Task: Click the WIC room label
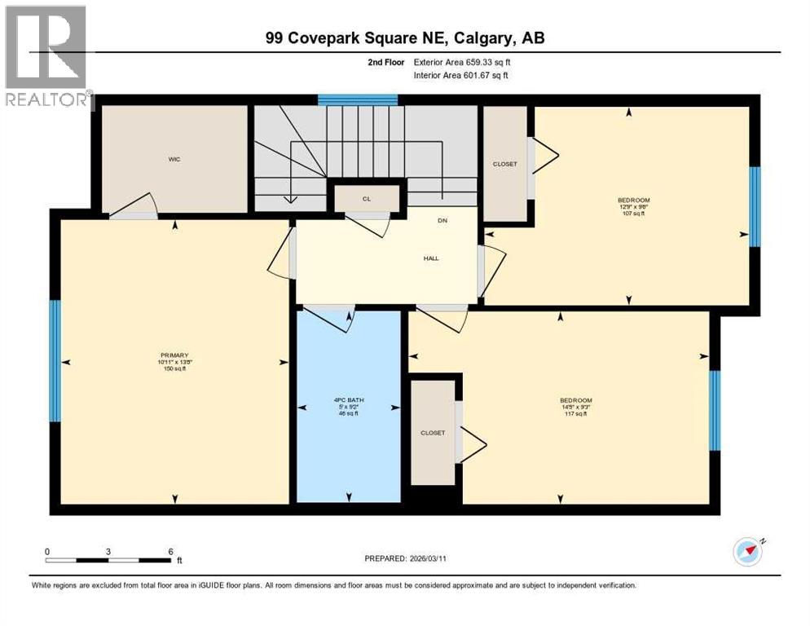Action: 174,160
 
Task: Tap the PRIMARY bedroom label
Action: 174,355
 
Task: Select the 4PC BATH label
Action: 349,399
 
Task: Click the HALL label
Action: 431,258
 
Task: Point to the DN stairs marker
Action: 442,221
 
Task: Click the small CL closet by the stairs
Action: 367,199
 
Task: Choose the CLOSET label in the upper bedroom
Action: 505,164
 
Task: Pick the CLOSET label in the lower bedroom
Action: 433,433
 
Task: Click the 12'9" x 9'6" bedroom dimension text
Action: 627,206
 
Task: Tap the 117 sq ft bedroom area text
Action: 574,414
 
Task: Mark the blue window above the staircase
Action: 357,99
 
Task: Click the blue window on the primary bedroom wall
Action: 55,361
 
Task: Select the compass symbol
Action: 747,552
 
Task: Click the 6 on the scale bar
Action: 170,551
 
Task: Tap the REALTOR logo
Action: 47,57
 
